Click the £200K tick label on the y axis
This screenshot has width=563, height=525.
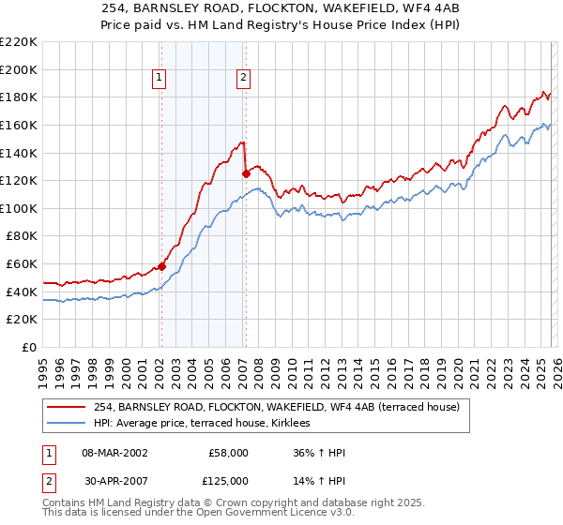click(x=19, y=69)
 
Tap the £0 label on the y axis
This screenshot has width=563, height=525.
click(x=29, y=347)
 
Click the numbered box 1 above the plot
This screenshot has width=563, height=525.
click(x=160, y=79)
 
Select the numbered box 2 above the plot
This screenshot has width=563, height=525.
click(x=243, y=79)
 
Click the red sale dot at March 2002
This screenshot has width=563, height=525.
click(x=161, y=266)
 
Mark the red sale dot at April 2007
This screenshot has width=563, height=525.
click(x=246, y=173)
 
